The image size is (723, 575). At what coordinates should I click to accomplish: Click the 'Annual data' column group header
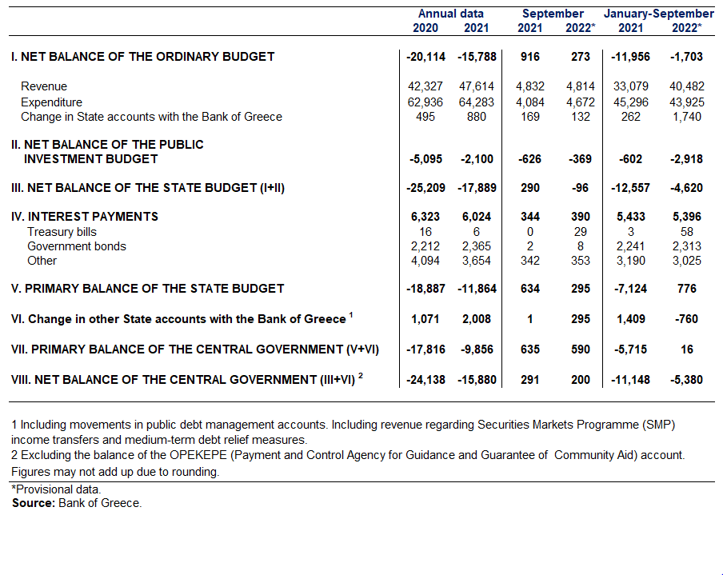[450, 14]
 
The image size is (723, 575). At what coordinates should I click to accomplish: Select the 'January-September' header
[659, 14]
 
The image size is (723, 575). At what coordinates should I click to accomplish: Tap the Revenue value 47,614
[477, 86]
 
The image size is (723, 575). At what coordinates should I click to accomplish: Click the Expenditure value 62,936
[425, 102]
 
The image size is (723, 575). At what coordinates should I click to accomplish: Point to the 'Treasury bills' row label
[62, 231]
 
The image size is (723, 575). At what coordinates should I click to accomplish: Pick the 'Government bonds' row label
[77, 246]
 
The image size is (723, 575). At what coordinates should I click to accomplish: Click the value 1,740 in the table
[686, 117]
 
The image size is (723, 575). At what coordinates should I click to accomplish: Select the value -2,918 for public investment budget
[686, 159]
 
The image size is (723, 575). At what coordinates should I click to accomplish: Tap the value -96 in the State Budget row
[580, 188]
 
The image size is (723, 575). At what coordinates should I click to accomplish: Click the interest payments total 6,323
[425, 216]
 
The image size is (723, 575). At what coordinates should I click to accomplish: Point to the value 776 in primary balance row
[686, 288]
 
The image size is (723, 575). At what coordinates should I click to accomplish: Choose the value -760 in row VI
[686, 318]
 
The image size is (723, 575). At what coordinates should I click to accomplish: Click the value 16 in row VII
[686, 349]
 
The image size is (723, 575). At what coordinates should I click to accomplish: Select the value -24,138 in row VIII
[425, 380]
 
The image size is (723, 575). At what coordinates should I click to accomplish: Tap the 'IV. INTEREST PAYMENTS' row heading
[85, 216]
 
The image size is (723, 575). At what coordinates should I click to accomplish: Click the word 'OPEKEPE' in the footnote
[198, 455]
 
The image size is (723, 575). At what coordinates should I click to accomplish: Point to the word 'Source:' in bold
[34, 502]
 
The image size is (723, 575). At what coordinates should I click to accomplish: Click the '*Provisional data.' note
[56, 489]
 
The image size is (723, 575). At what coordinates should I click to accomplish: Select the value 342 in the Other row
[529, 261]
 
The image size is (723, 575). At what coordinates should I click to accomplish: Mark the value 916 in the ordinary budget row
[529, 57]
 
